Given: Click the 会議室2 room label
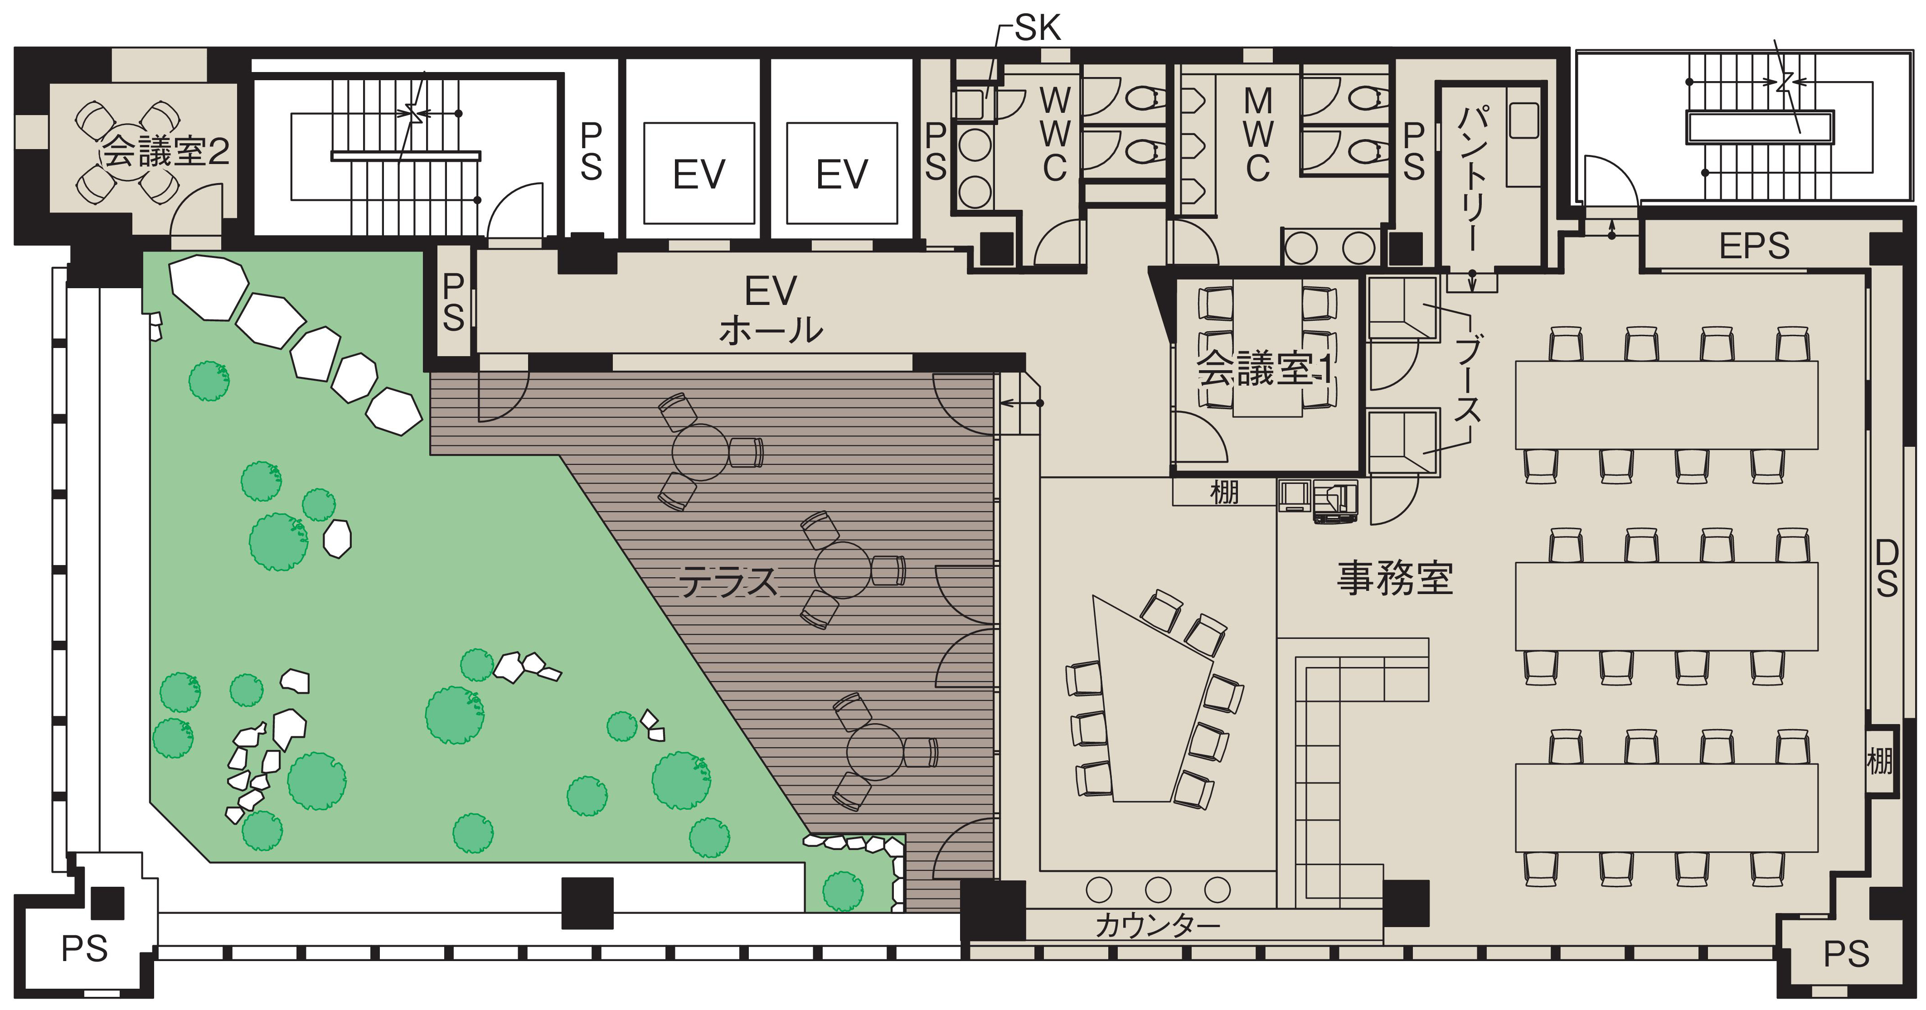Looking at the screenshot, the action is pyautogui.click(x=166, y=152).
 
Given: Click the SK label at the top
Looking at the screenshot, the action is pyautogui.click(x=1038, y=29).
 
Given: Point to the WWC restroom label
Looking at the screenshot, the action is pyautogui.click(x=1054, y=135).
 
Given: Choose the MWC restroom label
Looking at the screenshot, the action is pyautogui.click(x=1258, y=135).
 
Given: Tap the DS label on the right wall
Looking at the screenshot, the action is pyautogui.click(x=1887, y=569).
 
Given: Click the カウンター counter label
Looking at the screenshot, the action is pyautogui.click(x=1157, y=926).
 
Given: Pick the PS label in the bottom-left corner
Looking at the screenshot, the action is pyautogui.click(x=84, y=949).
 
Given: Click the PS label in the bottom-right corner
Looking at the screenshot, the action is pyautogui.click(x=1846, y=954).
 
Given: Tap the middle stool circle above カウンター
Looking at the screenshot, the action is pyautogui.click(x=1158, y=889).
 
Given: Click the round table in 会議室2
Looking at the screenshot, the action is pyautogui.click(x=127, y=153).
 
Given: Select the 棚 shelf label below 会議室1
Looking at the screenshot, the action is pyautogui.click(x=1224, y=493).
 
